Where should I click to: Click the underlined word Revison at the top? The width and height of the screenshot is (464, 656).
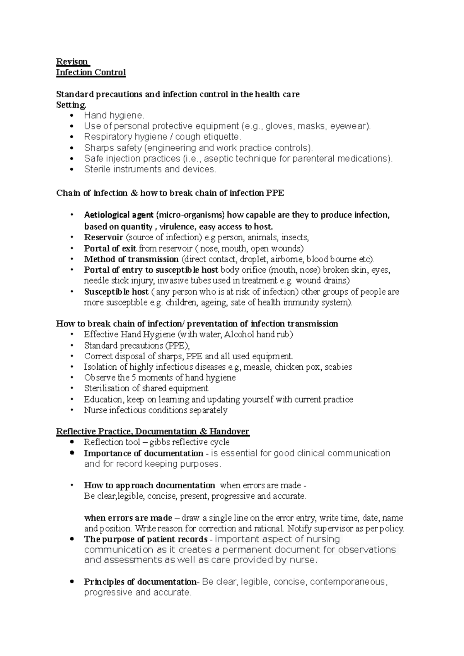coord(72,62)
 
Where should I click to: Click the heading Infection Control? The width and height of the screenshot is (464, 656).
coord(91,73)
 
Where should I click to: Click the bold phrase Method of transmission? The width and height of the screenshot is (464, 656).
coord(131,259)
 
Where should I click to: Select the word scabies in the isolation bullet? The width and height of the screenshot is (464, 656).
coord(338,367)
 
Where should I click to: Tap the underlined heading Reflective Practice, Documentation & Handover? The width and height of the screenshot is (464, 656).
coord(152,432)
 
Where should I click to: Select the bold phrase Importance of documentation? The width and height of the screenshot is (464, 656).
coord(143,453)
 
